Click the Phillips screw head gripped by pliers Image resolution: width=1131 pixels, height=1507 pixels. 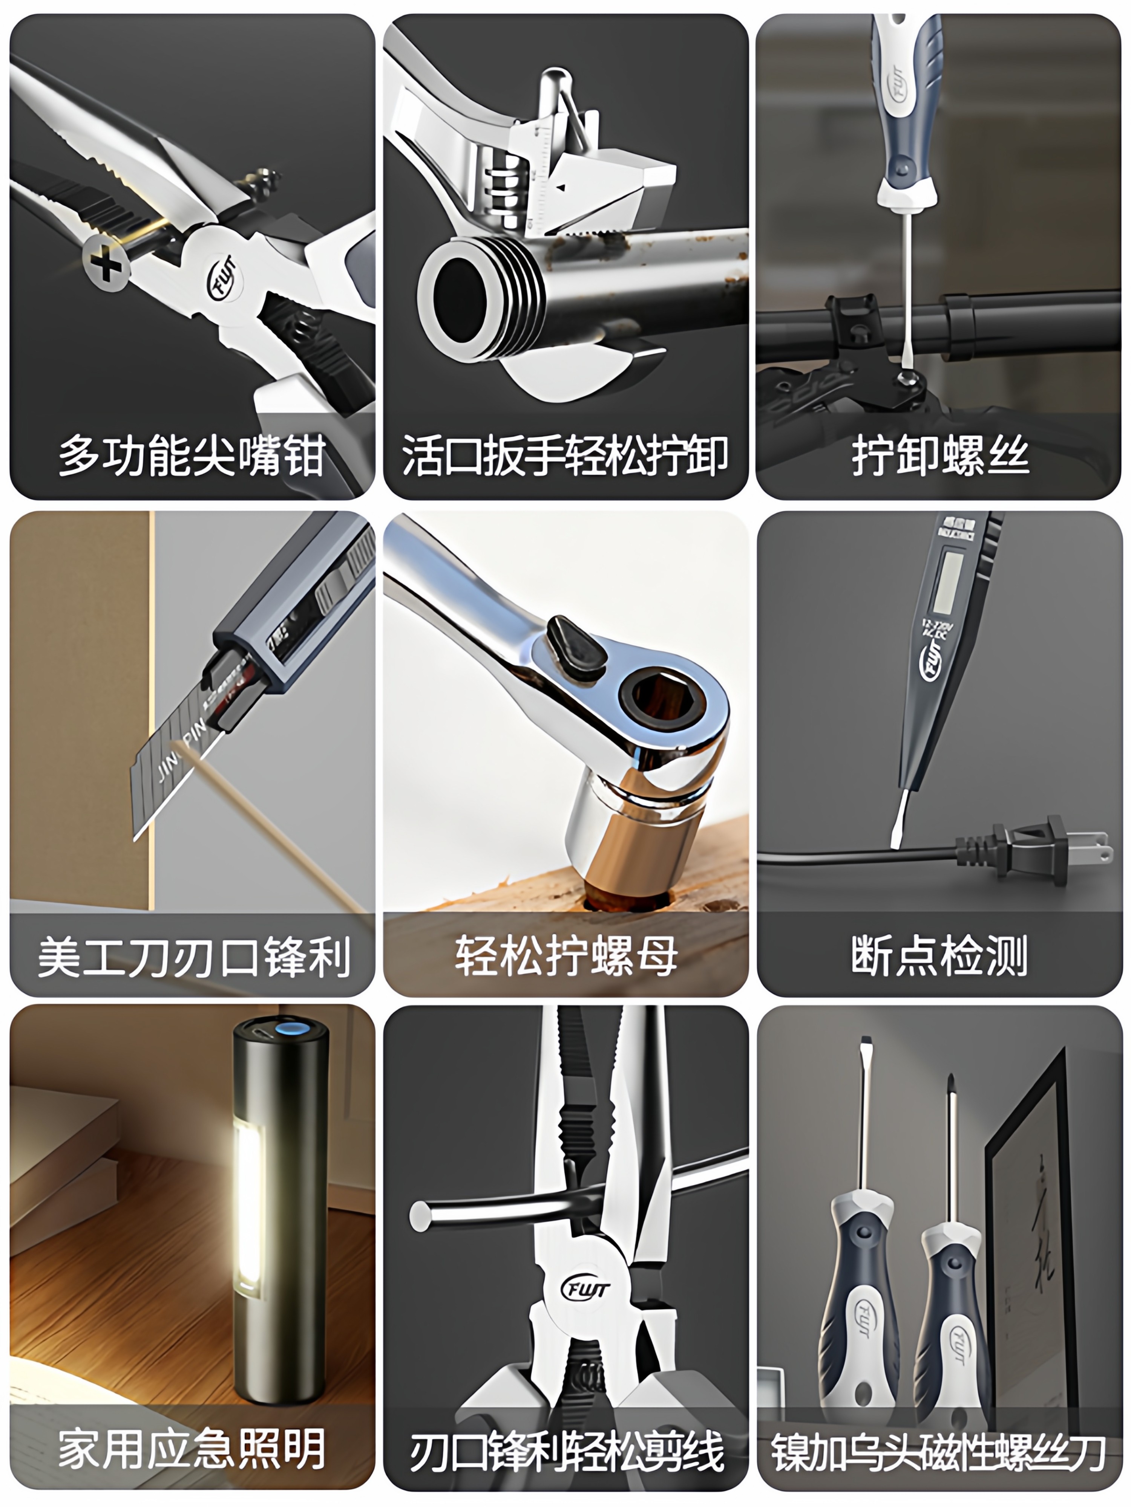tap(106, 264)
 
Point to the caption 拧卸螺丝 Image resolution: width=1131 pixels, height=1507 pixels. tap(939, 455)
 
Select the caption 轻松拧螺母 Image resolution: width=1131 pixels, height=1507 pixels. tap(566, 956)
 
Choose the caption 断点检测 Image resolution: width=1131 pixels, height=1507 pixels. tap(939, 956)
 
